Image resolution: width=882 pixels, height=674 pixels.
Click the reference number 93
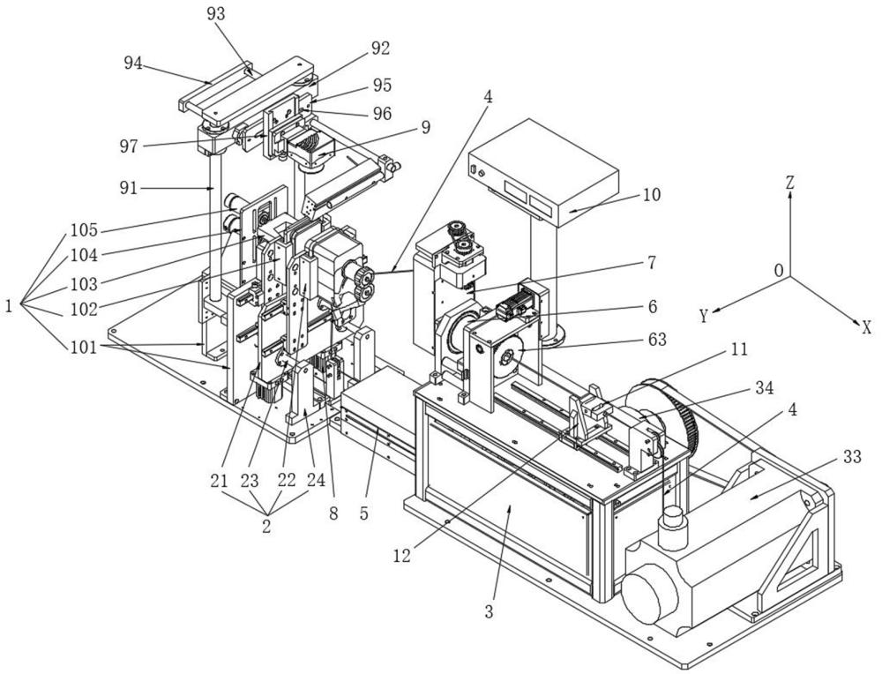click(216, 13)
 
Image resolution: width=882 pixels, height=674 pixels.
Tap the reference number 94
click(133, 64)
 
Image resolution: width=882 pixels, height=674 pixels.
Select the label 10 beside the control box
click(652, 195)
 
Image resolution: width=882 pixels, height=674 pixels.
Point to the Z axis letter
click(789, 183)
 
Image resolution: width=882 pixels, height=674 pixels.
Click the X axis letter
click(867, 327)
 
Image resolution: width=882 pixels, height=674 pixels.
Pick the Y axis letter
click(704, 316)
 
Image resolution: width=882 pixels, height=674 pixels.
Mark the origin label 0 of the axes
click(779, 271)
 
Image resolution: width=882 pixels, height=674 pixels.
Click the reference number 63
click(657, 340)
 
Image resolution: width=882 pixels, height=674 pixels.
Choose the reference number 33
click(852, 457)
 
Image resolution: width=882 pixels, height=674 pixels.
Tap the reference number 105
click(84, 230)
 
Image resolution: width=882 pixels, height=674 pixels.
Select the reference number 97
click(128, 146)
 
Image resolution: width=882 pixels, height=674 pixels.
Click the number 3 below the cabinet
click(489, 611)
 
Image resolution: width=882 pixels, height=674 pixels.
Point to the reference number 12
click(402, 555)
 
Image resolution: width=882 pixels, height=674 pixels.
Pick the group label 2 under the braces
click(266, 526)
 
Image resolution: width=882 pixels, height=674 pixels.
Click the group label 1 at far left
click(9, 306)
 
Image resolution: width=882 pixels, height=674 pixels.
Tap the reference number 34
click(764, 387)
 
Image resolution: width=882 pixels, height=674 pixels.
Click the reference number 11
click(740, 349)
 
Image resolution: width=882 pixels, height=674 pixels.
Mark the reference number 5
click(363, 513)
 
